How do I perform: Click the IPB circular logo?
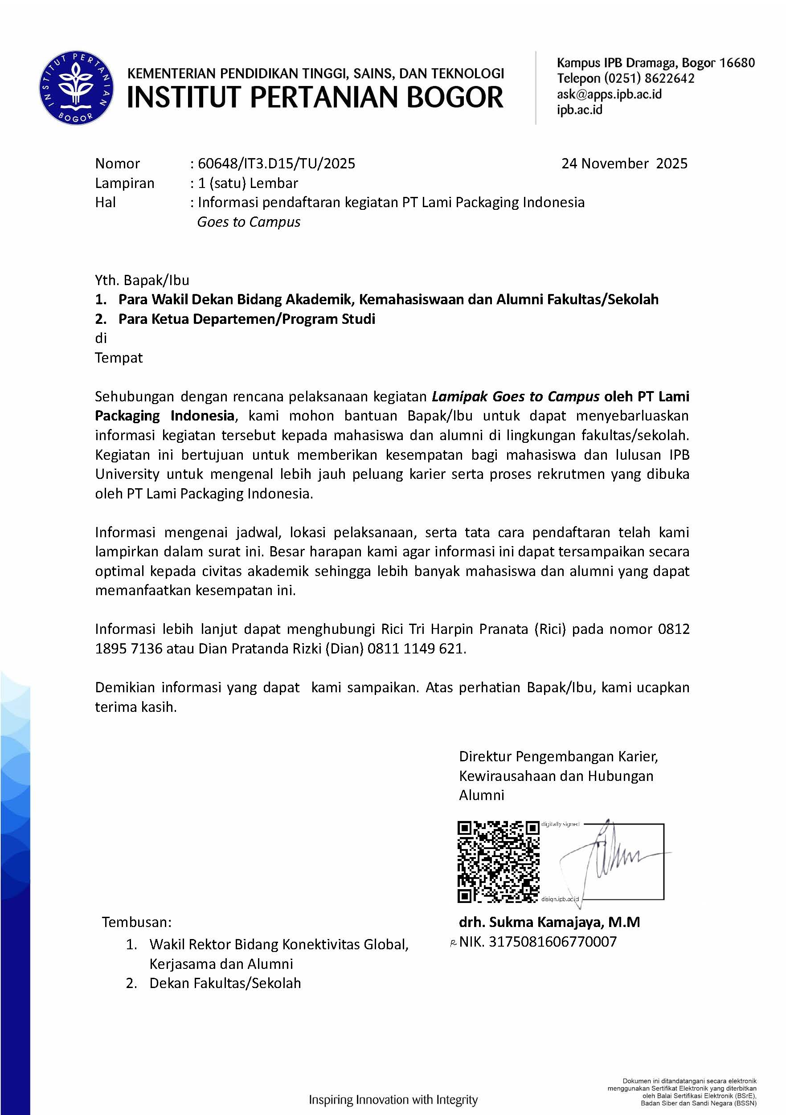point(77,87)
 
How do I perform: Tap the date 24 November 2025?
point(624,163)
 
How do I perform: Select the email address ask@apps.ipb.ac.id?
point(609,94)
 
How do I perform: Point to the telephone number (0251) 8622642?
point(649,79)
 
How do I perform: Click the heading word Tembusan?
point(136,922)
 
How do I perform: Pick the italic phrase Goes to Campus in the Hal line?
point(249,222)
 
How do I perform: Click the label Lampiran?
point(125,183)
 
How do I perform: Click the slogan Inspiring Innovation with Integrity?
point(393,1099)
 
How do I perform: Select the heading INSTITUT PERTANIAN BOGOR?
point(315,97)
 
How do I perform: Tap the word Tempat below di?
point(119,358)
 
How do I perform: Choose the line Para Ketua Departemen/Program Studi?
point(247,319)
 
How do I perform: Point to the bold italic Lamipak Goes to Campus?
point(516,397)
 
